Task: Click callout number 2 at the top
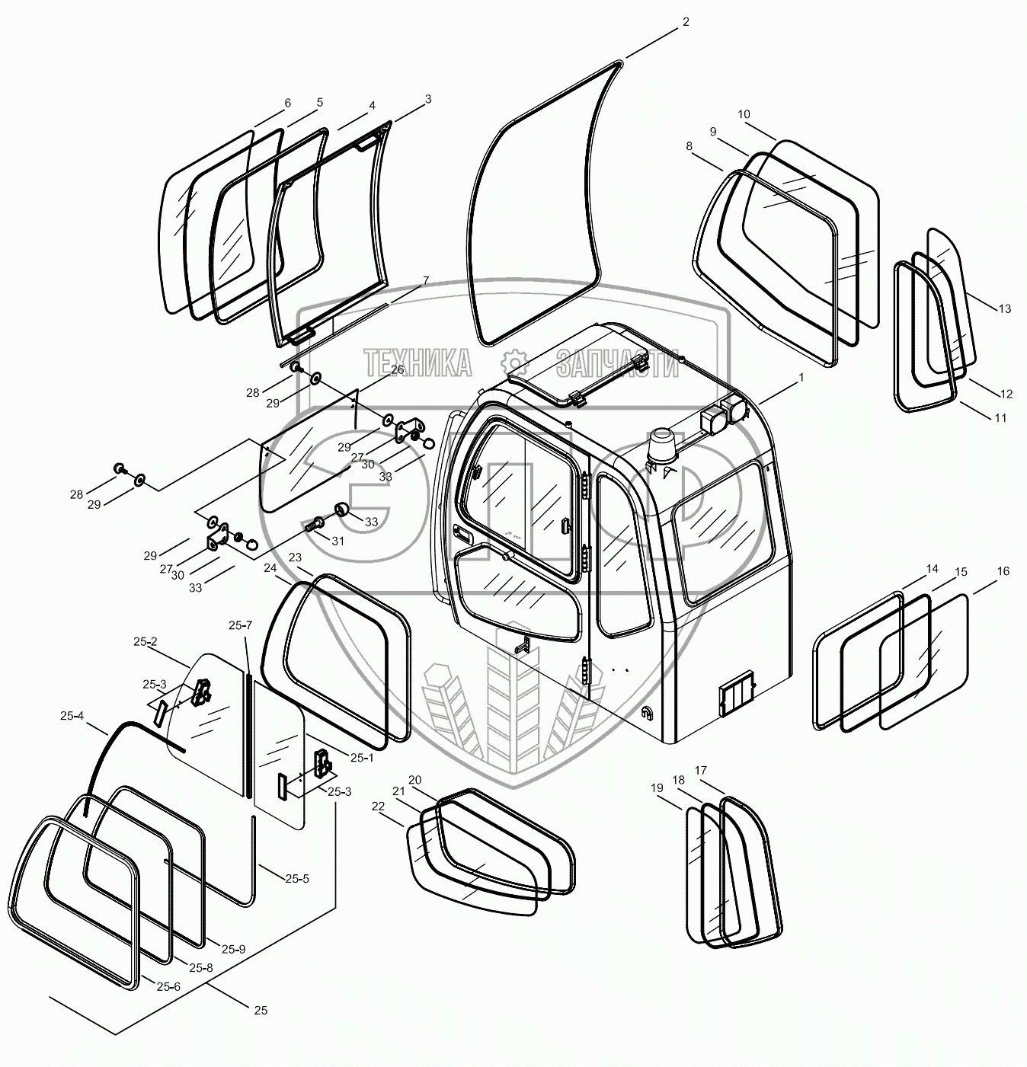(686, 22)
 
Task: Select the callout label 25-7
(240, 625)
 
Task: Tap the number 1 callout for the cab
(800, 377)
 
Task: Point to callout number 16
(1003, 571)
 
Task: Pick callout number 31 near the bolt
(338, 541)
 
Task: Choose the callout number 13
(1005, 308)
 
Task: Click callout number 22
(377, 806)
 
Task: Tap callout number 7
(425, 280)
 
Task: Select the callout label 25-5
(297, 878)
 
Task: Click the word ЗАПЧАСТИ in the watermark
(617, 364)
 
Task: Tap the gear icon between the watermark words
(513, 363)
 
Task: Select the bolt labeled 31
(315, 525)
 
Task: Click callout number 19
(657, 789)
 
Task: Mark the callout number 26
(397, 369)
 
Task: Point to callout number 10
(744, 114)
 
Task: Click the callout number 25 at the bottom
(261, 1011)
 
